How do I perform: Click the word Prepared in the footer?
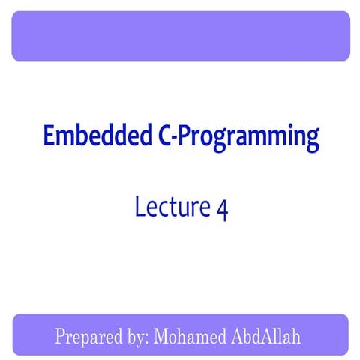pyautogui.click(x=84, y=336)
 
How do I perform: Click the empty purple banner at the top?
pyautogui.click(x=180, y=36)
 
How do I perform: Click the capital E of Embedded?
pyautogui.click(x=49, y=136)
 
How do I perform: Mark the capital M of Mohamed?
pyautogui.click(x=161, y=335)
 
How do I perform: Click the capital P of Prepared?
pyautogui.click(x=60, y=335)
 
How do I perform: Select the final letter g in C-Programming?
pyautogui.click(x=311, y=142)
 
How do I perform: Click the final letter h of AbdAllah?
pyautogui.click(x=295, y=335)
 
